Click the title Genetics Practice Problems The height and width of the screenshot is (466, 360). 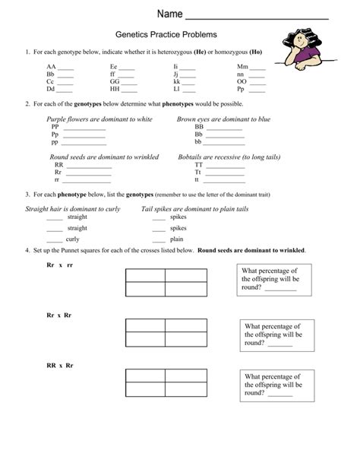(x=166, y=35)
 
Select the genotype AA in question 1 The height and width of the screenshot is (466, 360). (x=51, y=67)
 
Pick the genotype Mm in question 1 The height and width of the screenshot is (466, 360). (x=242, y=67)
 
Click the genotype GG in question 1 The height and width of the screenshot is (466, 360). (x=114, y=81)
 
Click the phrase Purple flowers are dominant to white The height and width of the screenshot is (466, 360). (x=99, y=119)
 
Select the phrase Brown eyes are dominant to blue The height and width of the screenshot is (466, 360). (x=223, y=119)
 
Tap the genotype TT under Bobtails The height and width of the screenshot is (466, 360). (x=199, y=164)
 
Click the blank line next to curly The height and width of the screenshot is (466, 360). (x=55, y=239)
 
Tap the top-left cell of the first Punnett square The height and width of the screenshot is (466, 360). (x=145, y=275)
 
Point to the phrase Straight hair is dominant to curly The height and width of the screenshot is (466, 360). (x=73, y=208)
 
